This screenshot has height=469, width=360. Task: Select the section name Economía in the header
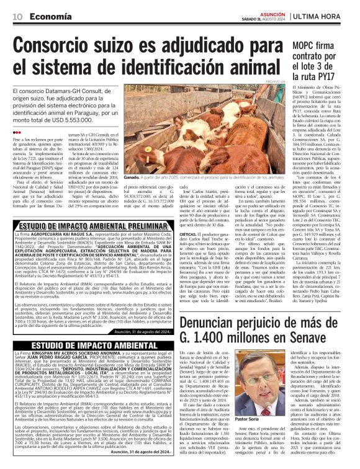coord(50,16)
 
